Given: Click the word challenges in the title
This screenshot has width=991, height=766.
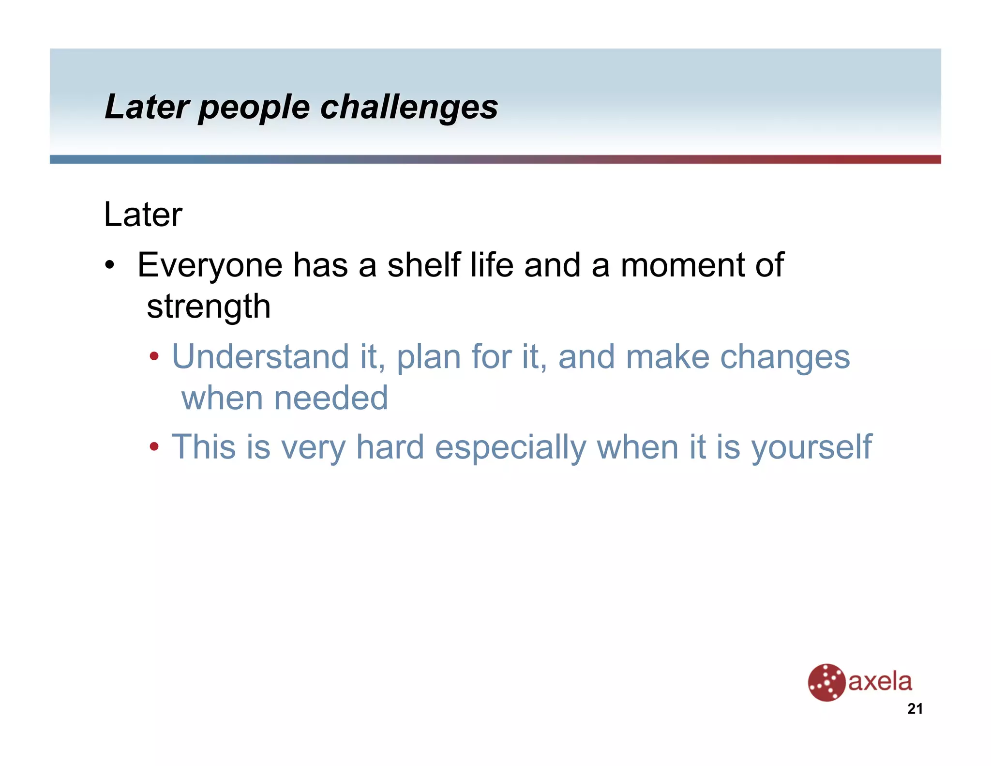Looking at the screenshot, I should click(x=409, y=107).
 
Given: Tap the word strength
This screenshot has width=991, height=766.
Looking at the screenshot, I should click(x=209, y=307).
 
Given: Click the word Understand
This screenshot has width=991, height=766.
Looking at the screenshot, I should click(x=260, y=357).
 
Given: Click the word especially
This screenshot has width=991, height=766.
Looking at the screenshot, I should click(x=511, y=448).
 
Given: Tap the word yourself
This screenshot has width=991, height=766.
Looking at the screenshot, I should click(x=811, y=448).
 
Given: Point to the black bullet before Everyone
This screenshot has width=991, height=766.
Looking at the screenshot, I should click(x=110, y=266).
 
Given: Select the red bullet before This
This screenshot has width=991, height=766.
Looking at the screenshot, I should click(x=154, y=447).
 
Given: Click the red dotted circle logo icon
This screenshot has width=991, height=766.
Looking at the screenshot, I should click(x=826, y=682).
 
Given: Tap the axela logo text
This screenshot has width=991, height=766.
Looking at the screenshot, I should click(x=880, y=682).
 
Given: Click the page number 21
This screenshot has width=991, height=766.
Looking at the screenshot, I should click(x=915, y=709).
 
